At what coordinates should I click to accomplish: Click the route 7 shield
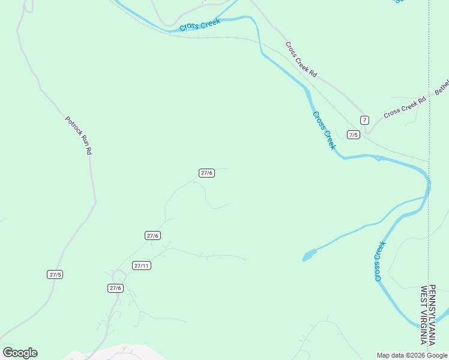point(364,119)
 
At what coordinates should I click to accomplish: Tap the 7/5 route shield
point(354,134)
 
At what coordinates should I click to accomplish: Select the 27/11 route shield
point(142,265)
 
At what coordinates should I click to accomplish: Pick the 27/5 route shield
point(55,274)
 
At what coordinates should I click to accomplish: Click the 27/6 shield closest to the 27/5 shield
point(116,288)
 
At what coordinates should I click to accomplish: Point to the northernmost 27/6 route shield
point(206,173)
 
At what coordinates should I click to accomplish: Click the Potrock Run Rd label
point(79,136)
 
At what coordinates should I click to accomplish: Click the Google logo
point(20,353)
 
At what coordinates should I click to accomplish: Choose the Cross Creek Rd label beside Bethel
point(405,106)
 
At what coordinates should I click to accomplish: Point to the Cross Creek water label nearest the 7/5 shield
point(324,130)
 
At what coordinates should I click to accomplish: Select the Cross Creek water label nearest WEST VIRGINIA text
point(379,261)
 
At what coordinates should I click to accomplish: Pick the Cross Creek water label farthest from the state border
point(200,25)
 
